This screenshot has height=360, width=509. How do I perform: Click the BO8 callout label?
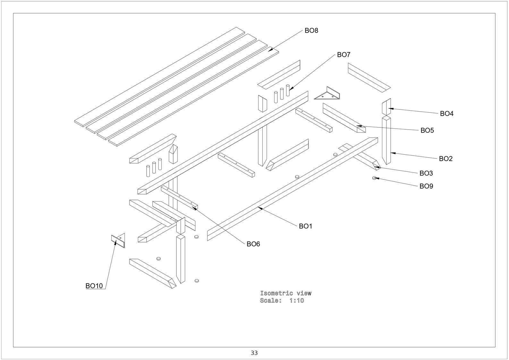tap(311, 30)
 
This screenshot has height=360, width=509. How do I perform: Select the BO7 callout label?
tap(344, 55)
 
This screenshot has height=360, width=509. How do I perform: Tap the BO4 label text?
tap(446, 113)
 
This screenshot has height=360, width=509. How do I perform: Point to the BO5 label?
tap(427, 130)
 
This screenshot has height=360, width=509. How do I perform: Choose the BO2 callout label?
tap(445, 159)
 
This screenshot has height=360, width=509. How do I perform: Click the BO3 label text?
tap(426, 173)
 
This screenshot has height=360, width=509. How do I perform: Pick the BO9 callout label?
tap(426, 186)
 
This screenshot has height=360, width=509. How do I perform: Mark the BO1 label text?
tap(305, 226)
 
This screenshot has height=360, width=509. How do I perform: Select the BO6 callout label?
tap(253, 244)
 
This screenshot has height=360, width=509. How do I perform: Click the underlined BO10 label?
tap(94, 286)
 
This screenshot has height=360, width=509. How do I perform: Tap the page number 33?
tap(254, 353)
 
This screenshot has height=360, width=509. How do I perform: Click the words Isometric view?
tap(286, 293)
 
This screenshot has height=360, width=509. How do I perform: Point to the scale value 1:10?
tap(297, 300)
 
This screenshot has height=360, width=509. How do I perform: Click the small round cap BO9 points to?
tap(374, 178)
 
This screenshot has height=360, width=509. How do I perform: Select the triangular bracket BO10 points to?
tap(118, 240)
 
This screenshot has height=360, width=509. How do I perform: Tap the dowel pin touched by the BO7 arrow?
tap(288, 90)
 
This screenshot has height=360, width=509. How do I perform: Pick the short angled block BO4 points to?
tap(386, 107)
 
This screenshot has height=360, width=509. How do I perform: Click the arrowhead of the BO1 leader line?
tap(260, 208)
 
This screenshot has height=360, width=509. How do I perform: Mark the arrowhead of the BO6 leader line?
tap(194, 208)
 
